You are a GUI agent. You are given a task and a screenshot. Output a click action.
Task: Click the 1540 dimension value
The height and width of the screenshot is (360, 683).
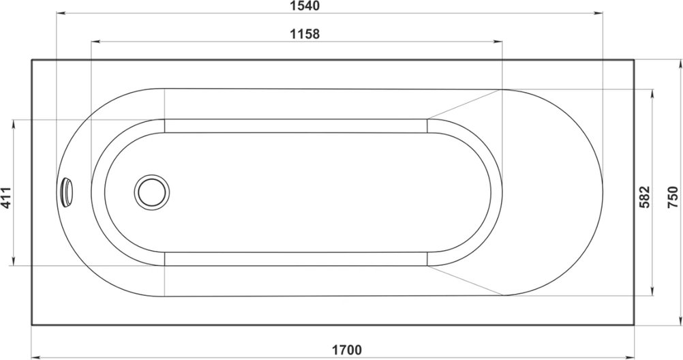coord(305,5)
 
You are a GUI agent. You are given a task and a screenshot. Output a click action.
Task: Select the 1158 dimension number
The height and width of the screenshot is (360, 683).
coord(305,33)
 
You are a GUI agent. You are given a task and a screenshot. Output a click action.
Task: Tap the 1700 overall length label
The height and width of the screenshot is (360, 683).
coord(347,350)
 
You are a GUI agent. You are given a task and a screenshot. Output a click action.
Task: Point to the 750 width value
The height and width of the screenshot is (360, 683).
coord(673,197)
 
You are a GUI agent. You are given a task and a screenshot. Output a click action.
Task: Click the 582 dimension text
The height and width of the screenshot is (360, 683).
coord(645,197)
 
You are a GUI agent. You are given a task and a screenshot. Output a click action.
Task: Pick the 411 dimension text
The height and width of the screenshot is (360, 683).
coord(5,198)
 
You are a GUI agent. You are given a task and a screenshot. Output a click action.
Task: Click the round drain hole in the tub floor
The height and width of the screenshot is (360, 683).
coord(151,192)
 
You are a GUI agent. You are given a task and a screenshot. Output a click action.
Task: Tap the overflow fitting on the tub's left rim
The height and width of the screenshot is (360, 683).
coord(67,192)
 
